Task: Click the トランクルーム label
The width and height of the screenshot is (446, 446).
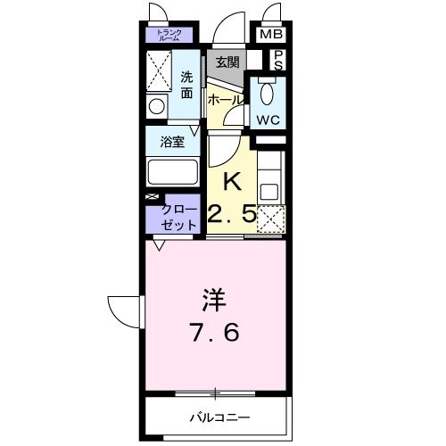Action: (x=169, y=36)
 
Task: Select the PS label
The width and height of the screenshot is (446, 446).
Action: (x=278, y=60)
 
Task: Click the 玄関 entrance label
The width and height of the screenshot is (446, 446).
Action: (x=227, y=62)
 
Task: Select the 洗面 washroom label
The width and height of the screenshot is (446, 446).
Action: (x=186, y=84)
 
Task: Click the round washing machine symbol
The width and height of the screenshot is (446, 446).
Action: (x=158, y=106)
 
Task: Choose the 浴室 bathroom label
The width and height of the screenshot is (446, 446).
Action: (x=172, y=141)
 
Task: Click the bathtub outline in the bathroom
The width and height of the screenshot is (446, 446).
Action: (x=174, y=170)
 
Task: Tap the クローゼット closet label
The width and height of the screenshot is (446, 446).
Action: (x=178, y=218)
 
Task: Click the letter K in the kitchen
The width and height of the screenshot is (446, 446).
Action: (x=231, y=182)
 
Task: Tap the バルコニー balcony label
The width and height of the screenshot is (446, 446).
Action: (x=219, y=417)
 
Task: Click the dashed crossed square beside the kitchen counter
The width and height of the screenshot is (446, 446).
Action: (x=270, y=219)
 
